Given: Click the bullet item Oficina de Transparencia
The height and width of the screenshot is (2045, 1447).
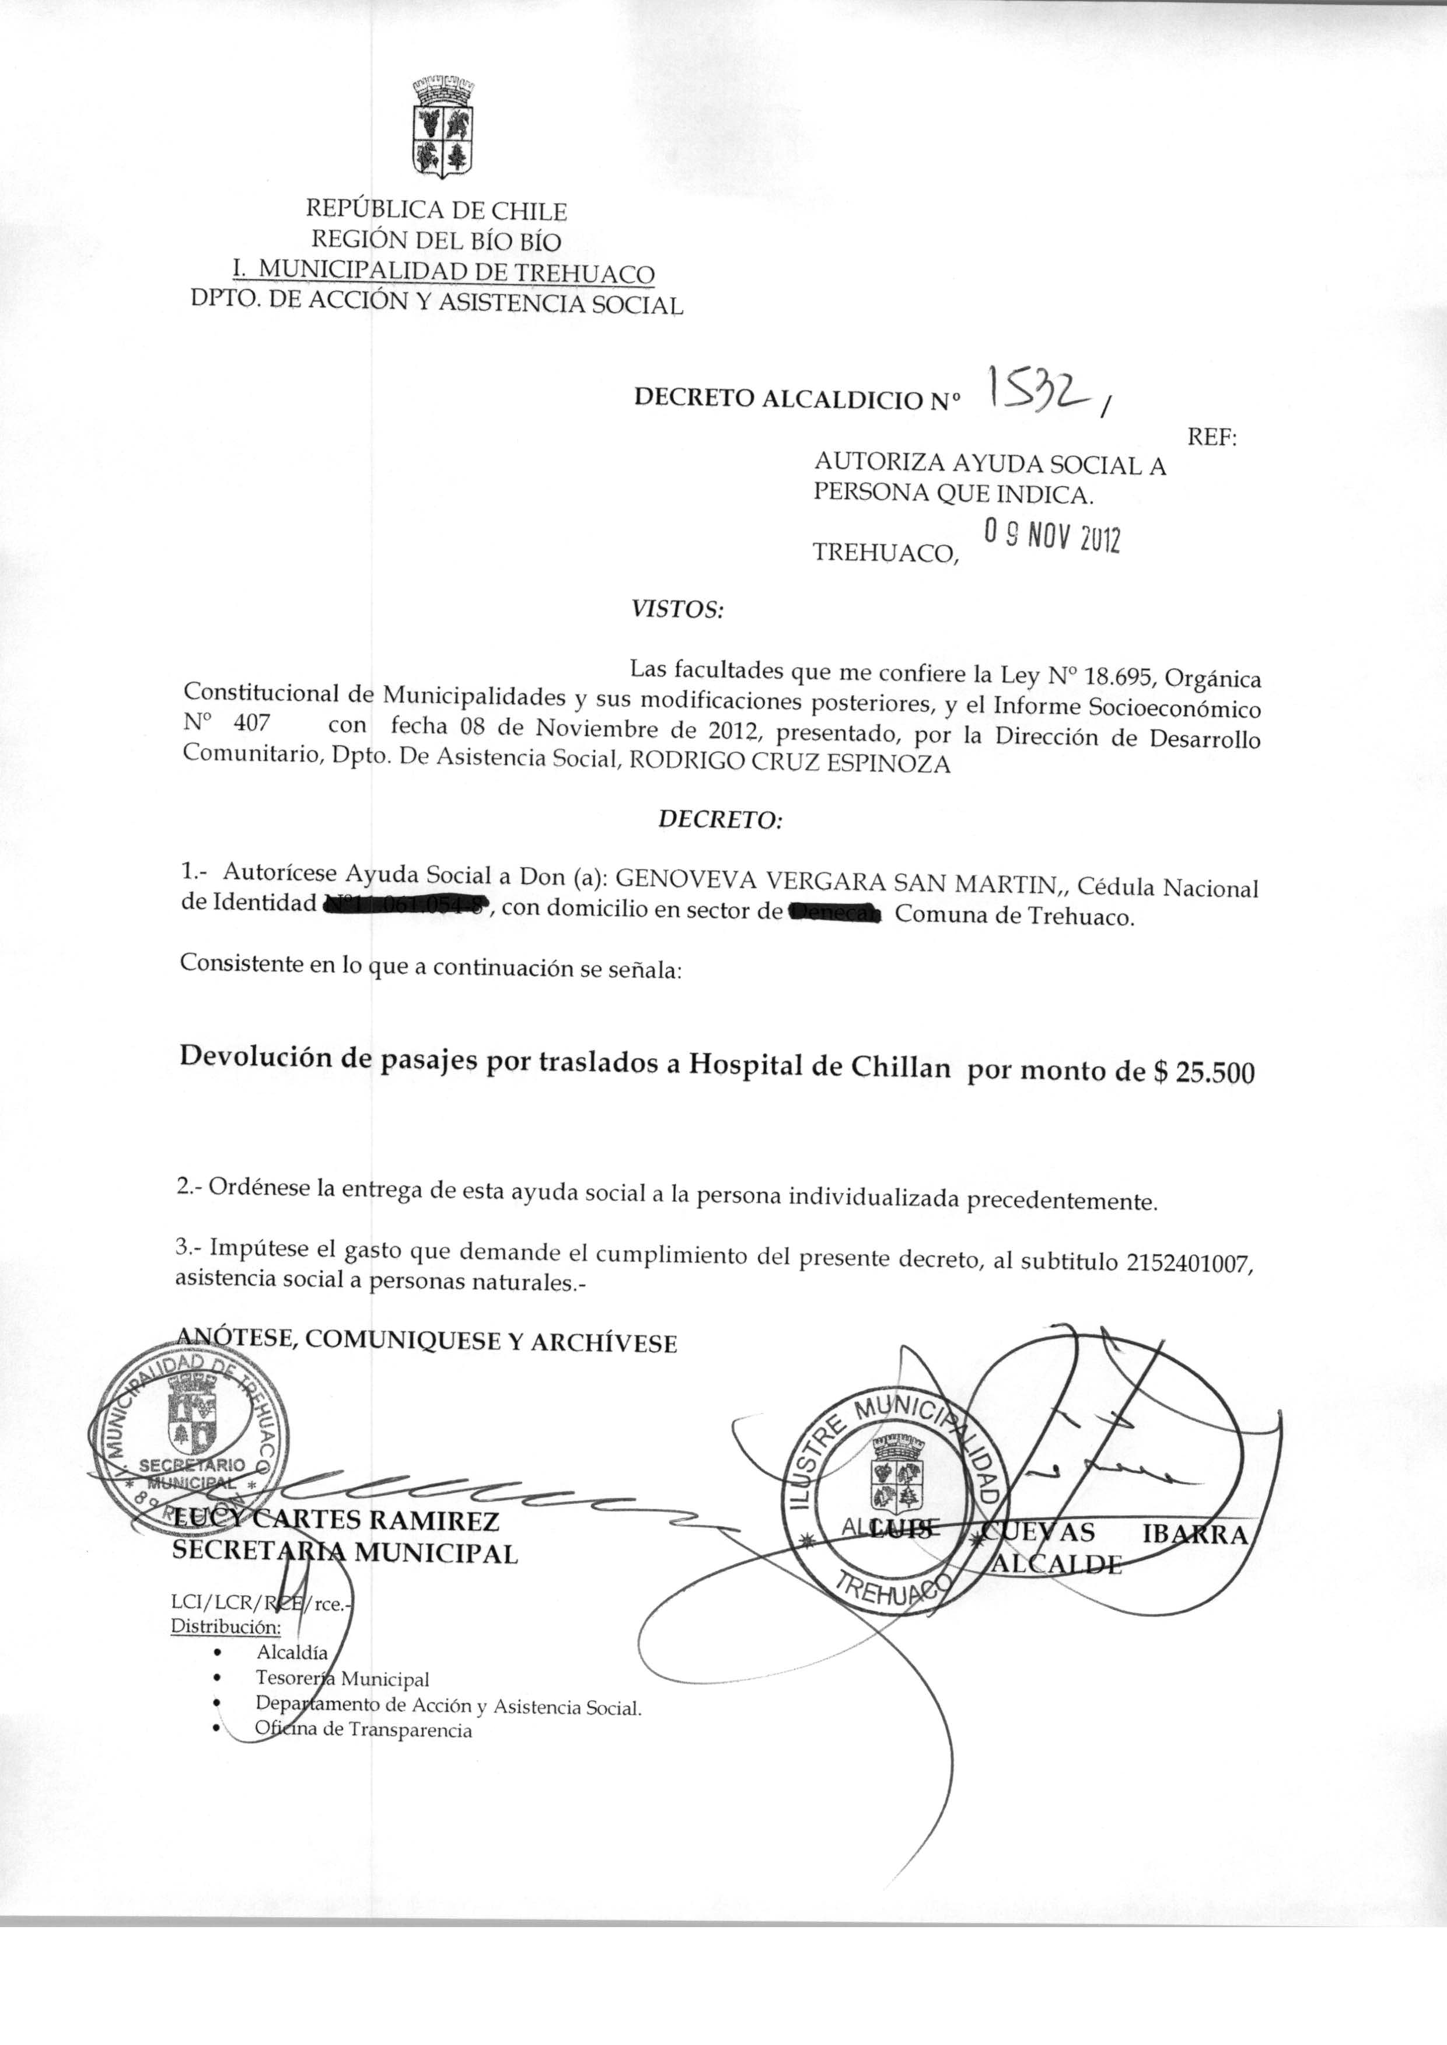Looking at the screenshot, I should pyautogui.click(x=363, y=1730).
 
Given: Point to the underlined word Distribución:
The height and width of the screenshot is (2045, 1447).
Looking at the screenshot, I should pyautogui.click(x=225, y=1626).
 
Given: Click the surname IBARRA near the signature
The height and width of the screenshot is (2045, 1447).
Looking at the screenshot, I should pyautogui.click(x=1194, y=1534).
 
